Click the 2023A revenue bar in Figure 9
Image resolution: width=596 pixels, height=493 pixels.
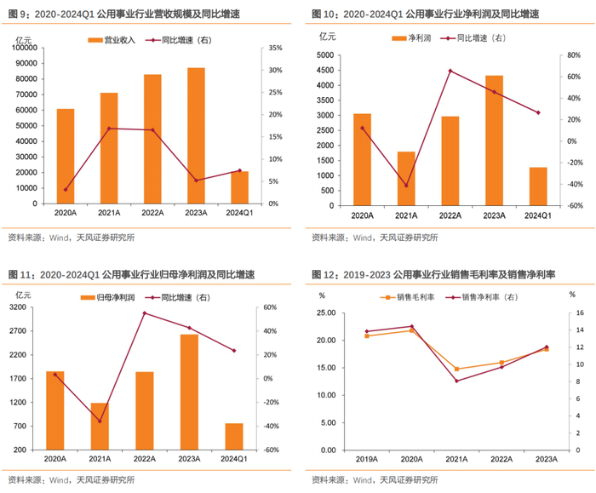click(x=196, y=135)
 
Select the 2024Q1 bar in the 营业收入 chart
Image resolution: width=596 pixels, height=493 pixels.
click(x=240, y=187)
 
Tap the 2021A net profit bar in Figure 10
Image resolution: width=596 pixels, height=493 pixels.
click(x=406, y=179)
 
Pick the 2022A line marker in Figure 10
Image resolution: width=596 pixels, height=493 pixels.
click(x=450, y=71)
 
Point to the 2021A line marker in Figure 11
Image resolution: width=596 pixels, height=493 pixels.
click(x=100, y=421)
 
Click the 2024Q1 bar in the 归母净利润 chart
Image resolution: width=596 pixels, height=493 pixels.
click(x=234, y=437)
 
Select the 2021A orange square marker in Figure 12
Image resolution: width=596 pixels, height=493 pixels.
click(x=456, y=369)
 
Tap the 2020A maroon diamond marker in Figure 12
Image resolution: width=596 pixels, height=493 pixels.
click(x=411, y=326)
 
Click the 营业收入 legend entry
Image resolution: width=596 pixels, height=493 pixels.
click(x=112, y=40)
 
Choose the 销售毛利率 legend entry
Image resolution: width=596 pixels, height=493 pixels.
click(x=408, y=297)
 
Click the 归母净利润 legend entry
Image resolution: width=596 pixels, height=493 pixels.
click(x=107, y=298)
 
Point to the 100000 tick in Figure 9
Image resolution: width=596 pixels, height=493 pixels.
click(x=25, y=48)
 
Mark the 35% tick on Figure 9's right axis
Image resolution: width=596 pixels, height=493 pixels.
click(x=276, y=48)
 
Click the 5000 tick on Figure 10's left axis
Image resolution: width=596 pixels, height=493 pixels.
click(x=325, y=55)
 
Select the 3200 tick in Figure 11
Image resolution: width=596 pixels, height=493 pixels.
click(x=18, y=307)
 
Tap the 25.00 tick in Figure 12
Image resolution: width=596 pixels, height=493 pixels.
click(x=326, y=312)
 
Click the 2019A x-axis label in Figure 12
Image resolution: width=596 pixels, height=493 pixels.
click(x=367, y=459)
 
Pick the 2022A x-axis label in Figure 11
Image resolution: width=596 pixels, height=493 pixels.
click(x=145, y=459)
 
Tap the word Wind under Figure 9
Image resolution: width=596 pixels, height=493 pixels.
click(x=60, y=238)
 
